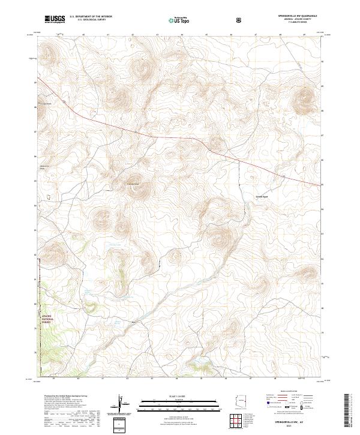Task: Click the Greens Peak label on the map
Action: coord(262,196)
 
